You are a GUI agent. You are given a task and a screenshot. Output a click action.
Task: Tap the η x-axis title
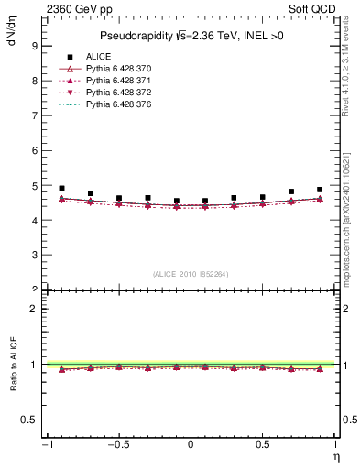(x=335, y=457)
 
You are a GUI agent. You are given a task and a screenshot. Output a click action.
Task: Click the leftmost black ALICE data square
(x=61, y=188)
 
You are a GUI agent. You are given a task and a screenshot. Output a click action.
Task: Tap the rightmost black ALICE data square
(x=320, y=190)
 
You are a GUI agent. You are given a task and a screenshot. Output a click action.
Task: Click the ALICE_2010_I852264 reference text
(x=191, y=273)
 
